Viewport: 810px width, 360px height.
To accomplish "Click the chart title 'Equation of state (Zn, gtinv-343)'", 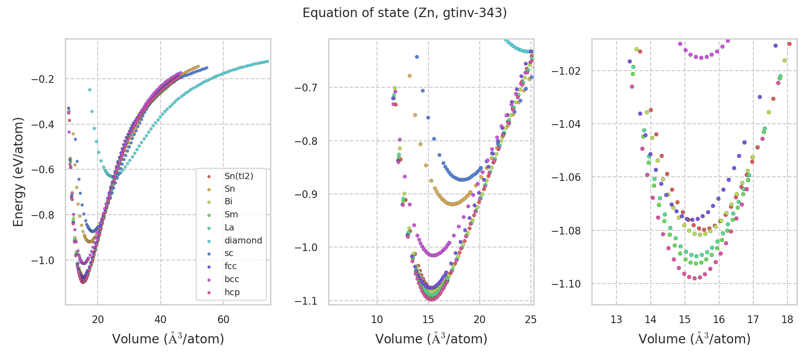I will click(405, 13).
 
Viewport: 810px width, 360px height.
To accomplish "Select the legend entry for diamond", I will click(243, 240).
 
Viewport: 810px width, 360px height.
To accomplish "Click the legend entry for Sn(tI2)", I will click(238, 176).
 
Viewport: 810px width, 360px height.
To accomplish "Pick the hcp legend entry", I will click(232, 292).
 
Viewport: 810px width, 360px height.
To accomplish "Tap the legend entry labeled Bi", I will click(228, 202).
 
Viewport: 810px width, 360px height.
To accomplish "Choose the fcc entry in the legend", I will click(230, 266).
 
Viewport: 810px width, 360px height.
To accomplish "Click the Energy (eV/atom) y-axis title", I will click(18, 171).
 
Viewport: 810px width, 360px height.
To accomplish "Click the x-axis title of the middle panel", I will click(431, 339).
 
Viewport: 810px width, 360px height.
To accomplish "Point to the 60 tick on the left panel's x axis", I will click(223, 319).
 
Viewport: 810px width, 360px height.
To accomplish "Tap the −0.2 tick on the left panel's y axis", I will click(42, 79).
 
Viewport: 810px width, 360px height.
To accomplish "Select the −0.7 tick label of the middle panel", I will click(306, 87).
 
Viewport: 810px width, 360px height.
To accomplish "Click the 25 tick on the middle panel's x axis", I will click(531, 319).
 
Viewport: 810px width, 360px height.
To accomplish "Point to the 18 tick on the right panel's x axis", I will click(787, 319).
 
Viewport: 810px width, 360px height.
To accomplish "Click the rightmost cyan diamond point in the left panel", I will click(267, 61).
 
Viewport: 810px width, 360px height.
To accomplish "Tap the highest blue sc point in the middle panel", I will click(417, 57).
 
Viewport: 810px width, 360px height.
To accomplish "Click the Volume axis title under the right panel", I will click(694, 339).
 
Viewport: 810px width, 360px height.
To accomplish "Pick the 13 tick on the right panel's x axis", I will click(616, 319).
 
